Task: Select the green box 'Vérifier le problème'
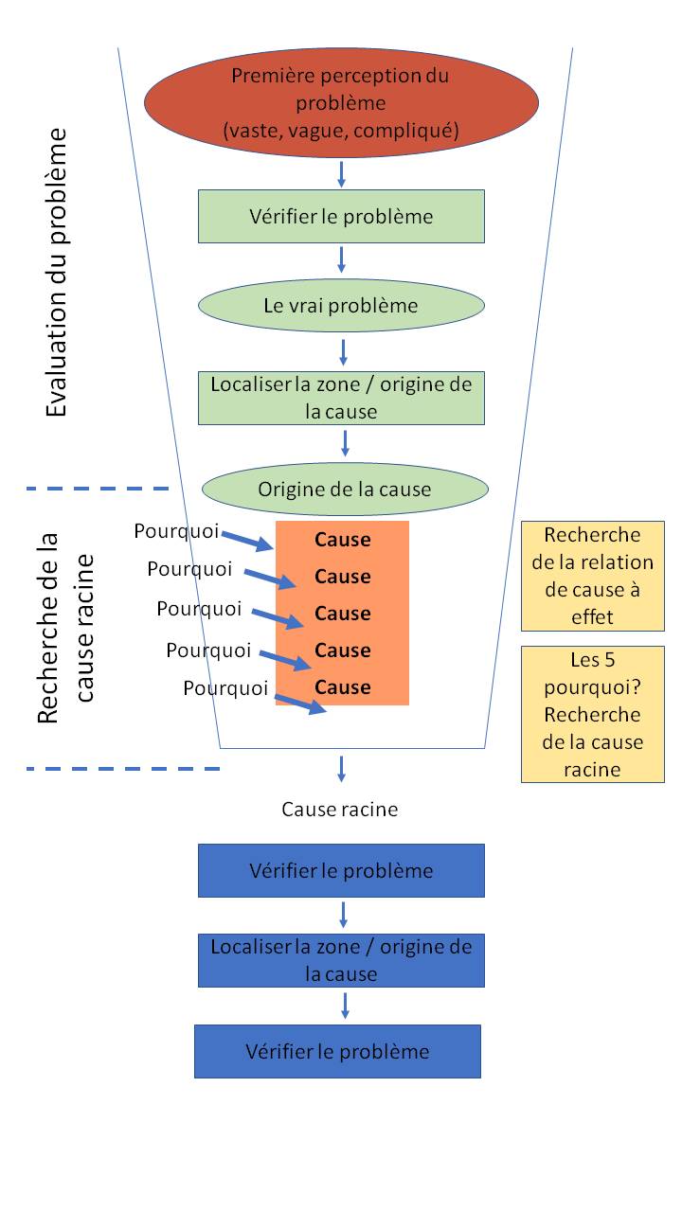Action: click(x=341, y=217)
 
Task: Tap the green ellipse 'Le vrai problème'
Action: click(x=341, y=306)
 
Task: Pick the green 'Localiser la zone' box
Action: click(x=341, y=398)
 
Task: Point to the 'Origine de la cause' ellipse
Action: click(x=345, y=490)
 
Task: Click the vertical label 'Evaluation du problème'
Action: click(x=58, y=273)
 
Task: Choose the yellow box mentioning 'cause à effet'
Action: click(x=593, y=576)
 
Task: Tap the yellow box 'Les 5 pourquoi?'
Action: click(x=593, y=714)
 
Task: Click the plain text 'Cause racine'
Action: click(x=340, y=810)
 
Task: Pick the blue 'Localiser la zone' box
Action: click(x=341, y=960)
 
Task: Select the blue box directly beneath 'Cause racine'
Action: click(x=341, y=870)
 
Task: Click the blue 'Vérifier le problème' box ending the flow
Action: click(x=337, y=1051)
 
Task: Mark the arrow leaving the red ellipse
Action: click(x=341, y=174)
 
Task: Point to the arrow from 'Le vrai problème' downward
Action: click(x=343, y=351)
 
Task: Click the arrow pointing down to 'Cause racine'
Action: click(x=341, y=768)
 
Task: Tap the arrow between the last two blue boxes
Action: click(x=345, y=1005)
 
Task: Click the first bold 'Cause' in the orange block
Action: click(x=343, y=540)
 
